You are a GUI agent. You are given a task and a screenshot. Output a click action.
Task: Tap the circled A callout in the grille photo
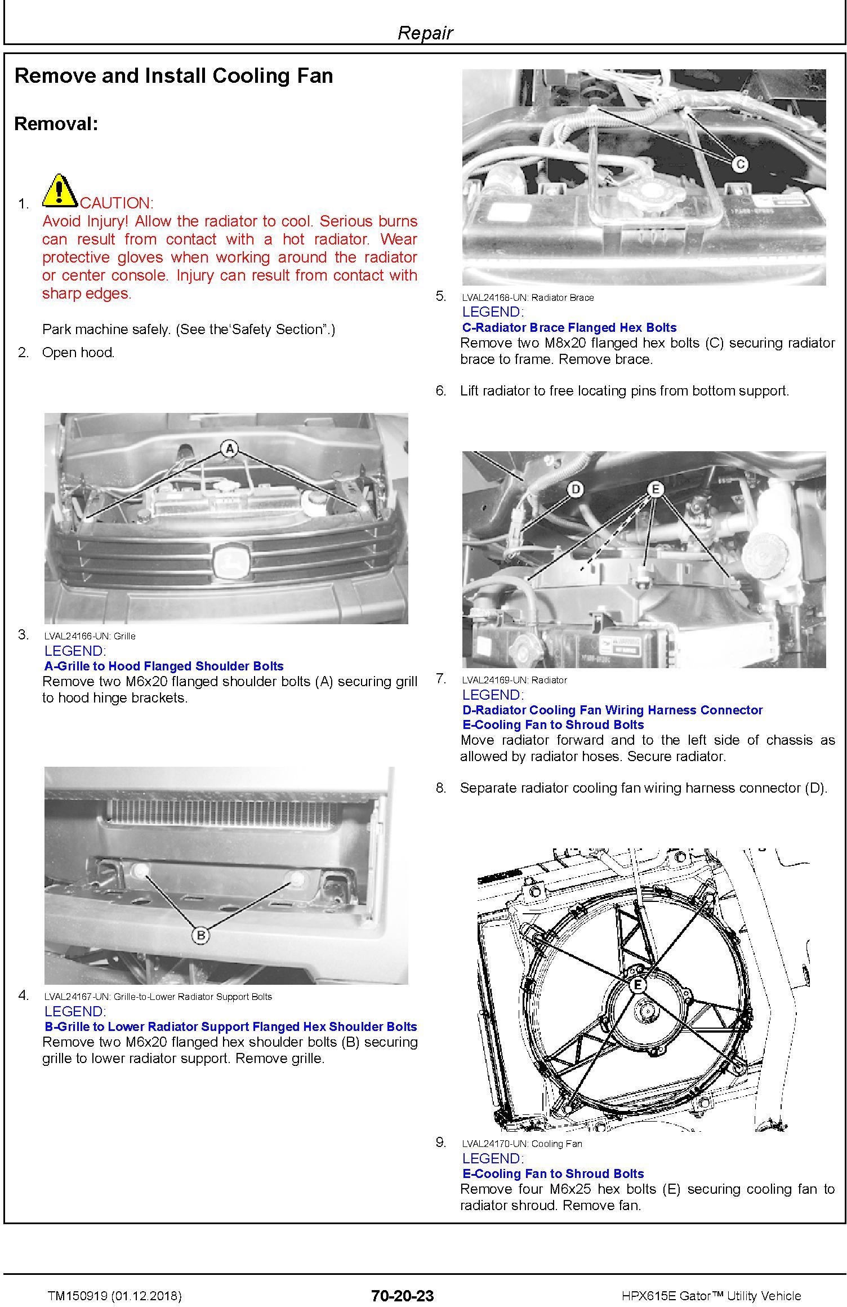(229, 449)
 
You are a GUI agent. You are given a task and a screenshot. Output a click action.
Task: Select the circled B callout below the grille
(200, 936)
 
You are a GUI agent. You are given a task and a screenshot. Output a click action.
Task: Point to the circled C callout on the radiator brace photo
(739, 164)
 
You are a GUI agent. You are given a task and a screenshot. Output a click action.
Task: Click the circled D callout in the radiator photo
(575, 490)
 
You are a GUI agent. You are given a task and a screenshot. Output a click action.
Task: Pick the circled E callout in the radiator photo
(656, 489)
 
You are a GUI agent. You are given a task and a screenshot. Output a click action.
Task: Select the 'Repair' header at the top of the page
(425, 33)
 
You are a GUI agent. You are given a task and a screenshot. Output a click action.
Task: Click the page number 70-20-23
(403, 1296)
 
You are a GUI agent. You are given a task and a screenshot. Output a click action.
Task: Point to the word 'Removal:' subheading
(56, 123)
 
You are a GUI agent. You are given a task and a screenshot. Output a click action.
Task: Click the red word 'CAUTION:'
(117, 203)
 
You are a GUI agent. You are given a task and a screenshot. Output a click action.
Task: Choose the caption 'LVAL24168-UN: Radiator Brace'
(528, 297)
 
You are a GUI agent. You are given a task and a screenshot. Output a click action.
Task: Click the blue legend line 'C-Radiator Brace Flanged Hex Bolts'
(569, 327)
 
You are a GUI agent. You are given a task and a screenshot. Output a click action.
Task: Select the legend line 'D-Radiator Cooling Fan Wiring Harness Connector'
(612, 710)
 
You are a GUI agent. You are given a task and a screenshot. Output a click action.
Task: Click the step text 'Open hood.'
(78, 353)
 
